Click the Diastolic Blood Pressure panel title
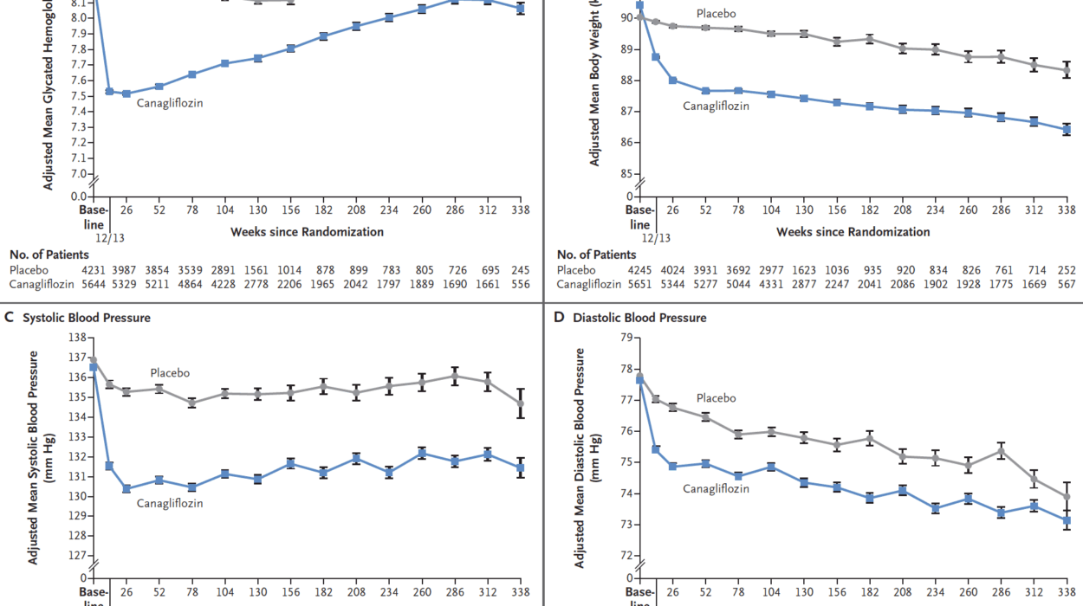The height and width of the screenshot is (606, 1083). point(639,318)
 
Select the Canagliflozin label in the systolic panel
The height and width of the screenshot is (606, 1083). point(170,503)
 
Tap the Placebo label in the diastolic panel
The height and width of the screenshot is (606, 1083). point(717,398)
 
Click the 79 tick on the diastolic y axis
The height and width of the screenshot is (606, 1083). point(626,338)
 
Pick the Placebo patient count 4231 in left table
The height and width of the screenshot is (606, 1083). point(93,270)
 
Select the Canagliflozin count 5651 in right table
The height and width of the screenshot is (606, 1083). point(639,284)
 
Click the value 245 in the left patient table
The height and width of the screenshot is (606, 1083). point(521,270)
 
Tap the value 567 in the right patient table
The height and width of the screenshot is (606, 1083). point(1067,284)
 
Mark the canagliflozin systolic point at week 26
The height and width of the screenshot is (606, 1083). point(126,489)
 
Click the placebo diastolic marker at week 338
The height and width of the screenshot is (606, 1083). point(1067,497)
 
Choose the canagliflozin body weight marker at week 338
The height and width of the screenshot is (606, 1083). point(1067,130)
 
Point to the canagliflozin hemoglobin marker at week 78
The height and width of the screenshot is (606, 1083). point(191,74)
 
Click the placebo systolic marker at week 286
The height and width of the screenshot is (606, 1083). point(455,376)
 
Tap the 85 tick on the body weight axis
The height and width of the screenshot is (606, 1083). point(626,174)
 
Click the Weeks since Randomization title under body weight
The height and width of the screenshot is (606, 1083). point(853,232)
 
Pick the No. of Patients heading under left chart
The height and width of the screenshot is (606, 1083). point(49,255)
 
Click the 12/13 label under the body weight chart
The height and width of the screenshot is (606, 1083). point(656,236)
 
